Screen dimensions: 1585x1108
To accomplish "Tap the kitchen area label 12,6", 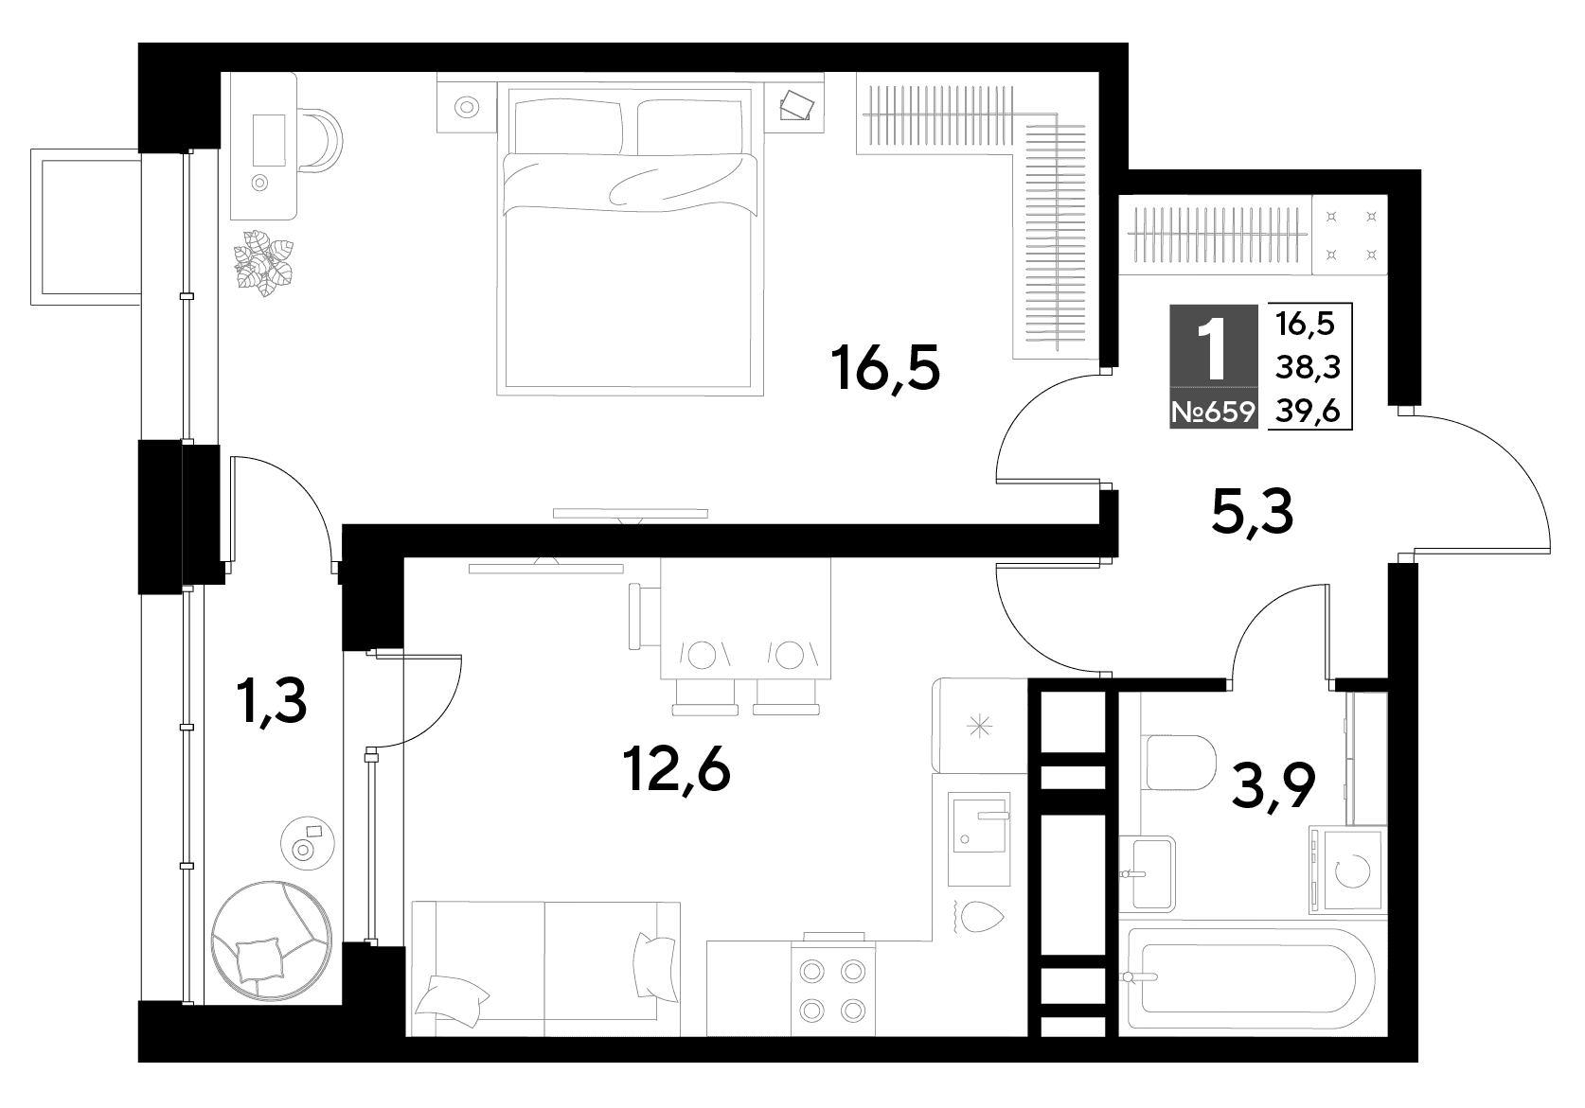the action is click(677, 770).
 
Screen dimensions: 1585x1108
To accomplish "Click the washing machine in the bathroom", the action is click(1347, 870).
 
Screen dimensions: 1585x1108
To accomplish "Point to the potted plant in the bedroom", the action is click(264, 261).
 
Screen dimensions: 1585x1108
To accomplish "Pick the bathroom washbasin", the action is click(1148, 871).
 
